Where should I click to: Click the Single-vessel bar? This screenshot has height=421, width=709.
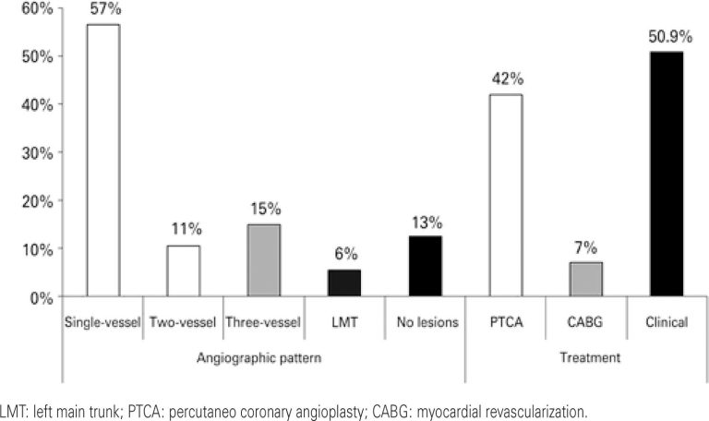(x=102, y=161)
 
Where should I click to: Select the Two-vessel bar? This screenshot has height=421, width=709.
(x=183, y=271)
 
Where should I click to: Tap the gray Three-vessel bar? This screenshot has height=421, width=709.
(x=263, y=261)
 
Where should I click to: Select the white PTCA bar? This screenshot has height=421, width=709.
(x=506, y=196)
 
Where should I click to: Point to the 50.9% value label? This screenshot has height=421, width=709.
(x=666, y=36)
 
